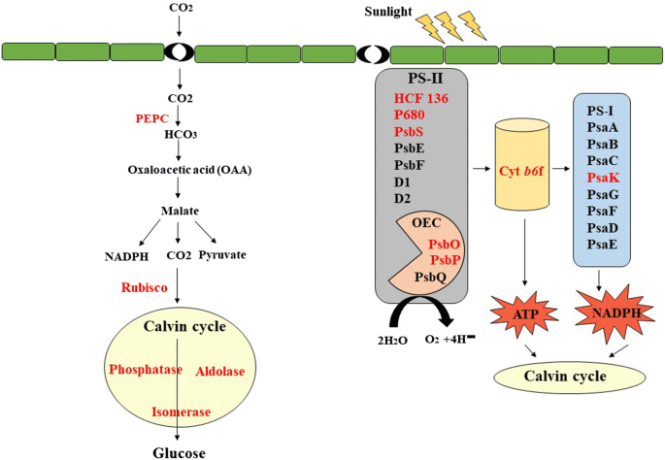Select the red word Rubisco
click(x=146, y=288)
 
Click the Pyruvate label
click(x=222, y=255)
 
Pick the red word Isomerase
click(x=181, y=411)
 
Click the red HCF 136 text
click(x=421, y=98)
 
